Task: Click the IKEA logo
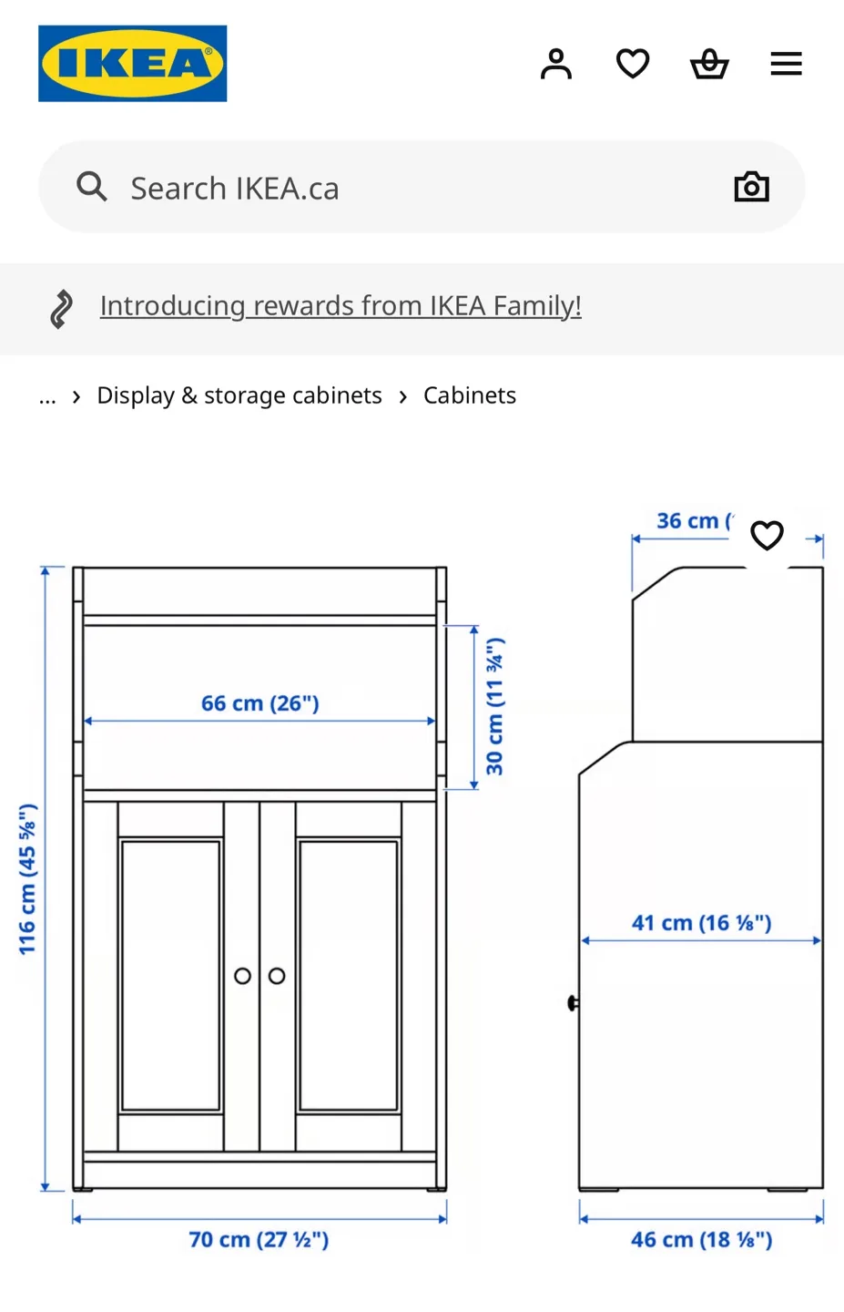(132, 64)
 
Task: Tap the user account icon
(555, 64)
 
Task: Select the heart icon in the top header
(633, 64)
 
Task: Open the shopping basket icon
(709, 64)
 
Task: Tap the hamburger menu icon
(786, 64)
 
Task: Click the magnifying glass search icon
(92, 187)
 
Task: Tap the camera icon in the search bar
(751, 187)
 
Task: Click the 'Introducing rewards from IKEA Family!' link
(341, 305)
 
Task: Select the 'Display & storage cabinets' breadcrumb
(239, 395)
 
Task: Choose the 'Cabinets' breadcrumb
(470, 395)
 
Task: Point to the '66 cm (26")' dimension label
(260, 703)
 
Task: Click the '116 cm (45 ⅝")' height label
(28, 879)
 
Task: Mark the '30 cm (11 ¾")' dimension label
(494, 706)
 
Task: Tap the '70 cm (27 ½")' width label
(259, 1239)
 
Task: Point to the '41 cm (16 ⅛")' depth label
(701, 923)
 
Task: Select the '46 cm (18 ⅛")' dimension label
(701, 1239)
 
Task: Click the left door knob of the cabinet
(242, 976)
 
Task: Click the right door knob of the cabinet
(277, 976)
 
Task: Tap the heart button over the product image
(767, 535)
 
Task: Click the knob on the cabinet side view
(573, 1003)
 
